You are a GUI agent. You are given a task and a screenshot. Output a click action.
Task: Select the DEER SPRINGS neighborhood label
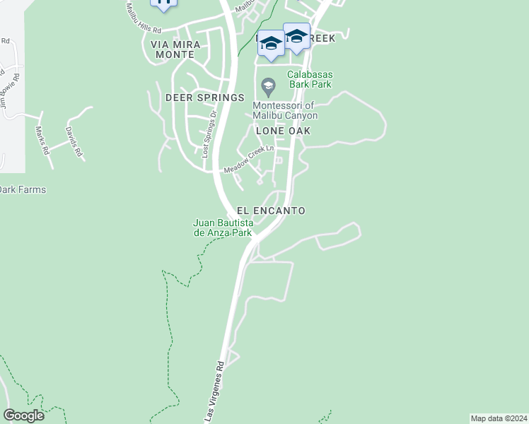point(204,97)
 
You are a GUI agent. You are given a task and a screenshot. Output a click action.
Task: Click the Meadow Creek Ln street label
point(248,160)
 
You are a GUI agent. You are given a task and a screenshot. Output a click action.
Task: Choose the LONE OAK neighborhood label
point(283,131)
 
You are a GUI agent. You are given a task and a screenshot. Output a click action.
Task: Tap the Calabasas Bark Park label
point(310,80)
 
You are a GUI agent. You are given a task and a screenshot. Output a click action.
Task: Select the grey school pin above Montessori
point(267,88)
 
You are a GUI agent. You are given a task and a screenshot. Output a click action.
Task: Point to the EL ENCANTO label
point(271,211)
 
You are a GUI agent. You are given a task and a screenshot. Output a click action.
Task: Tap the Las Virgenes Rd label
point(215,392)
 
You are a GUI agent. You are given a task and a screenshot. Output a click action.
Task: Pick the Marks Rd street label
point(43,140)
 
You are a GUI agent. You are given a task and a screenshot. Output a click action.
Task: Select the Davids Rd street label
point(74,141)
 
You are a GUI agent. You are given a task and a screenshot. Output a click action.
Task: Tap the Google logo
point(23,415)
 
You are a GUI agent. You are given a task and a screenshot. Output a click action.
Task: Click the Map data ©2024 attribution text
point(499,418)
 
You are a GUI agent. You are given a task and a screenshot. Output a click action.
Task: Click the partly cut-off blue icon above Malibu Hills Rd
point(164,4)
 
